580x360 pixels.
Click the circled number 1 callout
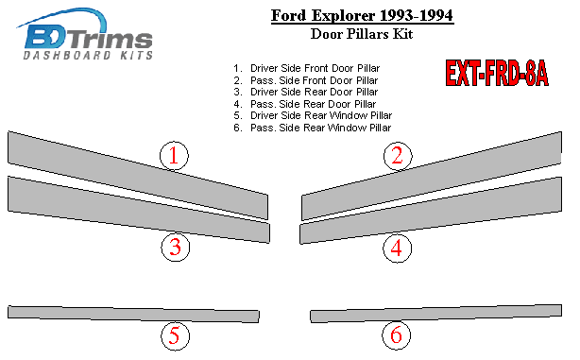[x=174, y=155]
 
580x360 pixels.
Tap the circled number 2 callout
[x=398, y=155]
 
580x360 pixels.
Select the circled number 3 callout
[x=176, y=248]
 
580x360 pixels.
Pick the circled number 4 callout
[x=397, y=248]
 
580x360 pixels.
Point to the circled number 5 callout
[x=175, y=335]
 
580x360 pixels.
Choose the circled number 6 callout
[x=397, y=334]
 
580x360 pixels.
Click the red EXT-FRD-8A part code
[x=497, y=74]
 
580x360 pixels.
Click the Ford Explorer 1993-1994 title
[x=362, y=16]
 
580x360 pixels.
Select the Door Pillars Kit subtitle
[x=362, y=34]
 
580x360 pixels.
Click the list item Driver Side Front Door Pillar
[x=307, y=68]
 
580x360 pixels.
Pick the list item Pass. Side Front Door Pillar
[x=306, y=80]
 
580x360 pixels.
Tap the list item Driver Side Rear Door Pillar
[x=306, y=93]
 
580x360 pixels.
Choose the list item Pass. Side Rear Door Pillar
[x=305, y=104]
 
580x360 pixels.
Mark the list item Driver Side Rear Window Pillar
[x=313, y=116]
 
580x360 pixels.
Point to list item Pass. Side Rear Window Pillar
[x=312, y=128]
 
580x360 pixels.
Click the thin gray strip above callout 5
[x=133, y=314]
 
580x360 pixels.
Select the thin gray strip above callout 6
[x=436, y=314]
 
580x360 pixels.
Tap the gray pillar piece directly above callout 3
[x=139, y=210]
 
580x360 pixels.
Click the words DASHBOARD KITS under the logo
[x=88, y=56]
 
